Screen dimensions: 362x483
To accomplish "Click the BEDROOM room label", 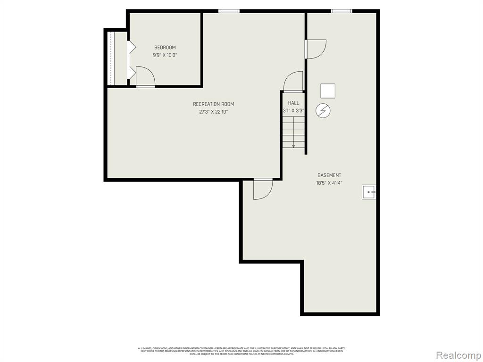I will click(165, 47).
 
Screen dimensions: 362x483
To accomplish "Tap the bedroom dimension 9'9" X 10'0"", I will click(165, 55).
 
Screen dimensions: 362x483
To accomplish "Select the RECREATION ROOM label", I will click(213, 104).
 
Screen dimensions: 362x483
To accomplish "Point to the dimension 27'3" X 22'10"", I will click(213, 112).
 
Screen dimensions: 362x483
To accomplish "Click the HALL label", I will click(293, 103).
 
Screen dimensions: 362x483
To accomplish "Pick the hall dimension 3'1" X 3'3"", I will click(293, 111).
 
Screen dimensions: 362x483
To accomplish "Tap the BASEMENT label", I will click(329, 175).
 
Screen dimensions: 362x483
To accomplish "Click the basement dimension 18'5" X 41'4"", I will click(329, 183).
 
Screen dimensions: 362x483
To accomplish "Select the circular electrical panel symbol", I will click(323, 111).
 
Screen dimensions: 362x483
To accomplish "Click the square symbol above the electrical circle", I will click(327, 91).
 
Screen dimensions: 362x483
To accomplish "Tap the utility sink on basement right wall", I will click(369, 192).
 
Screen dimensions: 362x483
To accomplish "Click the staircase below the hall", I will click(293, 132).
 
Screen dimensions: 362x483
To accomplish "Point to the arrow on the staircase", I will click(293, 145).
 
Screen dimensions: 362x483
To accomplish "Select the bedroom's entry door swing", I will click(145, 77).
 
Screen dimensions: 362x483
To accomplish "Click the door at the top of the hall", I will click(293, 81).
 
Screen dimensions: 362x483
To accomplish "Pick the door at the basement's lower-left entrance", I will click(263, 189).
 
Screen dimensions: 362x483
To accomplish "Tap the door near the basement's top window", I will click(316, 49).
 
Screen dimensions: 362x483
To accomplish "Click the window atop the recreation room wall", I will click(229, 11).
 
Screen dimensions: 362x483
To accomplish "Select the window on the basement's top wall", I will click(341, 11).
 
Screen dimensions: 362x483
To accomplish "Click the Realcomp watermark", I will click(458, 354).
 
